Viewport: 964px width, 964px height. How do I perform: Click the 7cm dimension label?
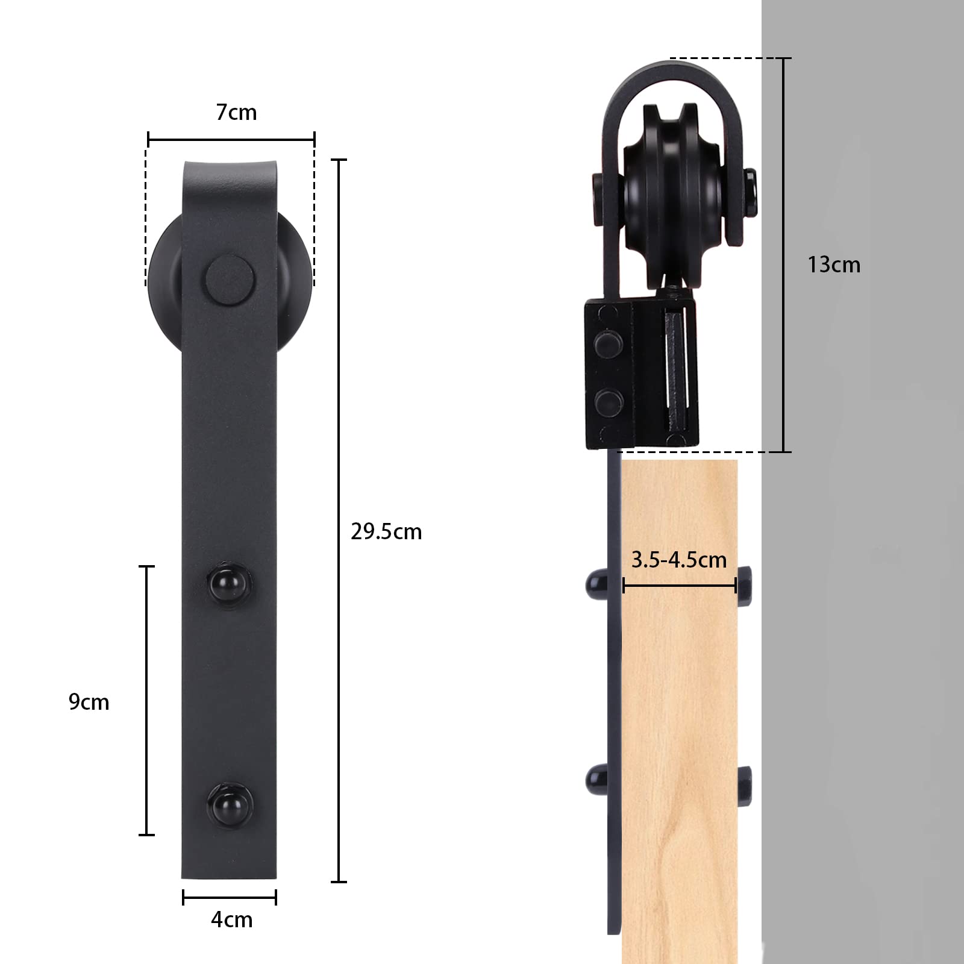click(x=236, y=113)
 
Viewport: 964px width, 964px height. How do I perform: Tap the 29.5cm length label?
click(x=386, y=531)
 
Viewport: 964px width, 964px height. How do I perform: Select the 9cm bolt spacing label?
click(x=89, y=702)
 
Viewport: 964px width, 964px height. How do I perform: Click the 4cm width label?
click(x=231, y=919)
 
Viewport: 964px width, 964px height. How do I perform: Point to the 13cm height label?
click(x=833, y=264)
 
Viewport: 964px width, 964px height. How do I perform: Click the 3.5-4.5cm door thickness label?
click(x=679, y=560)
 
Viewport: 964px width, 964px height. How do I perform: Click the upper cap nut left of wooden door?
click(x=597, y=584)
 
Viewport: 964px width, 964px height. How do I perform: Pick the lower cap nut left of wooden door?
click(x=597, y=779)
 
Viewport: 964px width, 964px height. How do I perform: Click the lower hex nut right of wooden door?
click(x=744, y=781)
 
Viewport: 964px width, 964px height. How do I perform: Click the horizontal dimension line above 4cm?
click(x=230, y=898)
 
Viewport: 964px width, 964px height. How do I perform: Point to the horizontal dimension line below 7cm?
click(x=231, y=140)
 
